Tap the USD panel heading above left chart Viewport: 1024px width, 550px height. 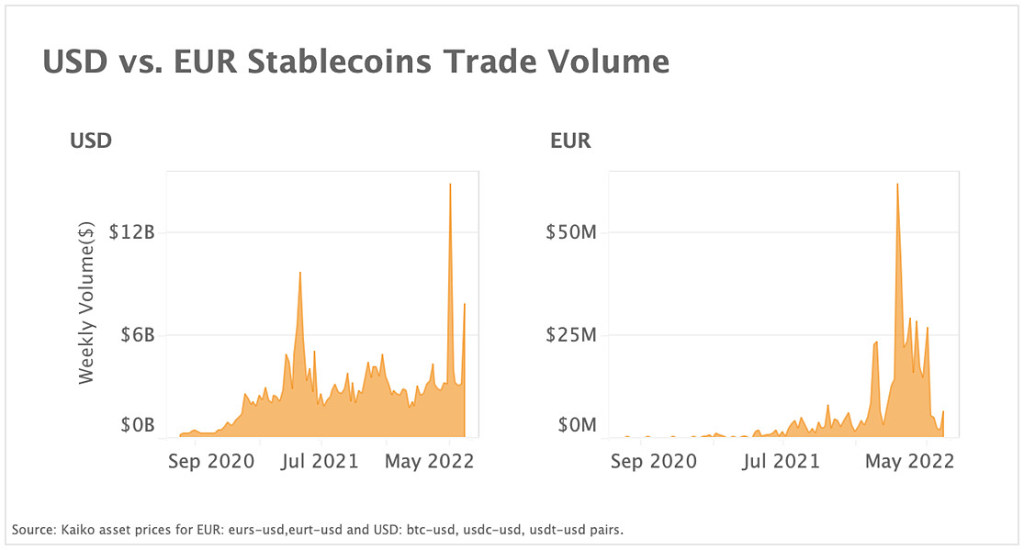(91, 141)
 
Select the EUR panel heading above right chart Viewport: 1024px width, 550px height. (570, 141)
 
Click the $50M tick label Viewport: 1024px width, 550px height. (571, 232)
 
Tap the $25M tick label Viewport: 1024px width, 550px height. (571, 335)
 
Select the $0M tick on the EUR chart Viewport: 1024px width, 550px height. (577, 425)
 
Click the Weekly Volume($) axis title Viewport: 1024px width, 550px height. (86, 302)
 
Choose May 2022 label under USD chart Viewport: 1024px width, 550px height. (430, 461)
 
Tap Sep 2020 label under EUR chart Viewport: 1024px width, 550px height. (654, 461)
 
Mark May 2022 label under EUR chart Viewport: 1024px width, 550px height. (909, 461)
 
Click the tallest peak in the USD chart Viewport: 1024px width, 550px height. (450, 185)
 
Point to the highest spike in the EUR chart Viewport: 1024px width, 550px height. (897, 185)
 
